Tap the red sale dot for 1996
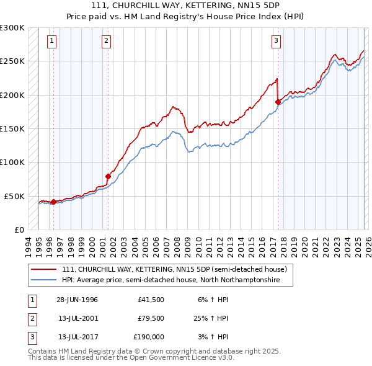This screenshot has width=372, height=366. tap(53, 202)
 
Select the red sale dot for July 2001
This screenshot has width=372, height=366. tap(108, 176)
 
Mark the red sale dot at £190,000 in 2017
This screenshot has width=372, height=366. tap(278, 102)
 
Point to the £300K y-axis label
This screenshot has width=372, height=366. tap(12, 28)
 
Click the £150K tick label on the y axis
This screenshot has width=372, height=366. tap(12, 128)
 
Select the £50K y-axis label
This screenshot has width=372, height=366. tap(15, 196)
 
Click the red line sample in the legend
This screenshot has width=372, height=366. tap(44, 270)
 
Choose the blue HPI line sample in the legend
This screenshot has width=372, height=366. tap(44, 280)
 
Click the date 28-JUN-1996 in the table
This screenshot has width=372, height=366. tap(77, 300)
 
